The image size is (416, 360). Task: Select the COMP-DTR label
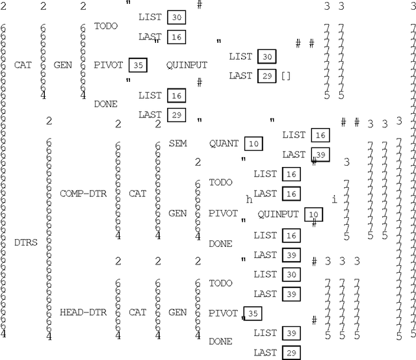pos(79,194)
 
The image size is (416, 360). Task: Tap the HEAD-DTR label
pos(79,312)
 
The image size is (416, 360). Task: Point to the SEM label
pos(177,142)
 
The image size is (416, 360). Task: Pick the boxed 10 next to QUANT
pos(255,143)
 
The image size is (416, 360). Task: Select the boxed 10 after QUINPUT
pos(313,214)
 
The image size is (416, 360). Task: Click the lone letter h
pos(249,199)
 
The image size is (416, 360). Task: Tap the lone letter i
pos(335,199)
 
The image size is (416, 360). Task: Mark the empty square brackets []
pos(286,76)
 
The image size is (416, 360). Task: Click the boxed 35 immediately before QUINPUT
pos(137,65)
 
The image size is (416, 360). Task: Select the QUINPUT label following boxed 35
pos(187,65)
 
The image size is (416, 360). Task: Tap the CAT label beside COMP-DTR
pos(137,194)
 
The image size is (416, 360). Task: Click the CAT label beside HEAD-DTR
pos(137,312)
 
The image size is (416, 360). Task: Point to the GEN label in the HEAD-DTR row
pos(177,312)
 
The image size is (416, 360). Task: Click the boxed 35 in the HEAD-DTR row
pos(253,313)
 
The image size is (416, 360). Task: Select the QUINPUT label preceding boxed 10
pos(278,214)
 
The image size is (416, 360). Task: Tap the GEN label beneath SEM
pos(177,213)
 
